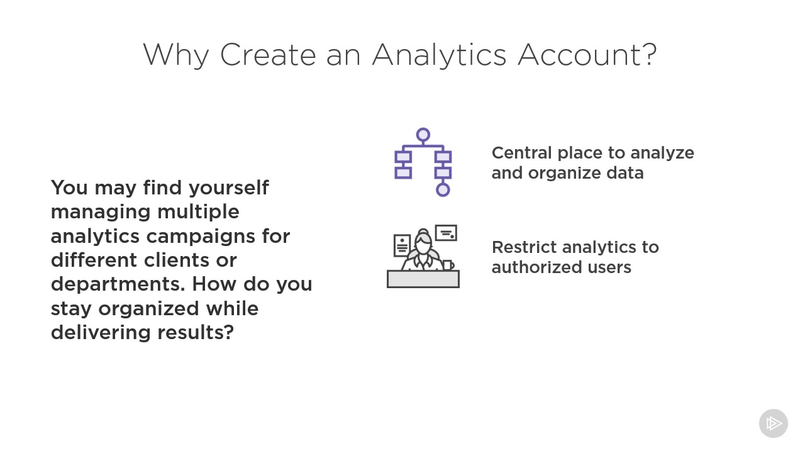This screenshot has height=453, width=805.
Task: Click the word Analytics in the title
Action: click(440, 55)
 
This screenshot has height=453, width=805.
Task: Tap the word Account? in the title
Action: click(587, 55)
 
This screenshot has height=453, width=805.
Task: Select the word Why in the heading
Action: click(175, 55)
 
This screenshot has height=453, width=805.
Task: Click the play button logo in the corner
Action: click(774, 423)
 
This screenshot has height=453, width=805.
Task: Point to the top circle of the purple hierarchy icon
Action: click(423, 135)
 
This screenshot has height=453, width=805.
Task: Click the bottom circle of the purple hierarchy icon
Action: click(443, 189)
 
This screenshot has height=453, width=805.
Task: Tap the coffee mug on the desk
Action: click(448, 266)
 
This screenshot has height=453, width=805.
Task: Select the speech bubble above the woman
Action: click(446, 233)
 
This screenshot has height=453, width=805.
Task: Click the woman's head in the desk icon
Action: click(423, 242)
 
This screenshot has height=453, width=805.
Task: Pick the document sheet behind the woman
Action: click(401, 245)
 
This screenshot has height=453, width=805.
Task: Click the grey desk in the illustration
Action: click(423, 279)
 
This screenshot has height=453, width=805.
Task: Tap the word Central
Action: click(521, 153)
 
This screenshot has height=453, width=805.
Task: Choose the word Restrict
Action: click(524, 247)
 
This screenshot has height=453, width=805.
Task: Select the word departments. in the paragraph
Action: click(118, 284)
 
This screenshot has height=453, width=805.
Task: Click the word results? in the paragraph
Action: click(196, 332)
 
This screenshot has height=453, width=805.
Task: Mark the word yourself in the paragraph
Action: click(228, 188)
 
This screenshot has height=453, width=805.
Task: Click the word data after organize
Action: click(625, 173)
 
